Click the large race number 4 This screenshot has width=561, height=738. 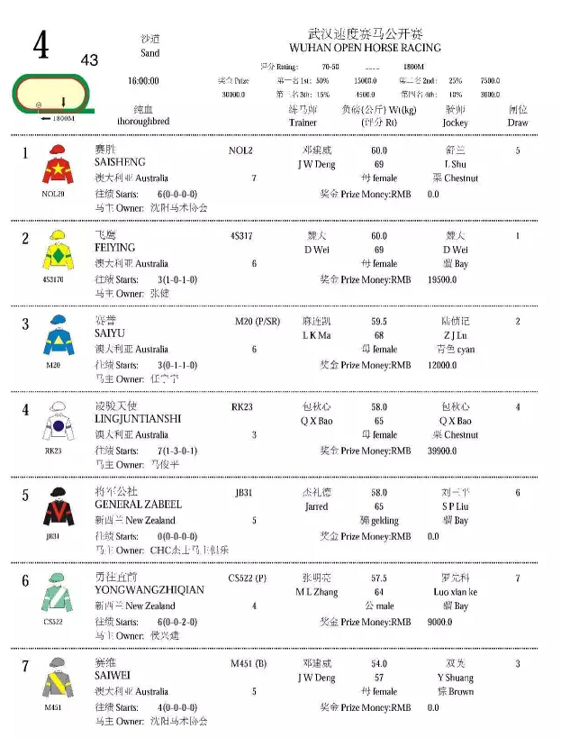tap(41, 46)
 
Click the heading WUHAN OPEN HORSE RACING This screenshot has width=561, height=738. tap(365, 48)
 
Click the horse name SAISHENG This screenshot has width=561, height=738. tap(120, 163)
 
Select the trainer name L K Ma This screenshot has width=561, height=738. tap(315, 335)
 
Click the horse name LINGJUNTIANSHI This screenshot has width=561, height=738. tap(138, 419)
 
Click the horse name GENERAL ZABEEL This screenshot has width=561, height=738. tap(138, 505)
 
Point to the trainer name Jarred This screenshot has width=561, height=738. tap(315, 506)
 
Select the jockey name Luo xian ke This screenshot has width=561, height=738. tap(455, 592)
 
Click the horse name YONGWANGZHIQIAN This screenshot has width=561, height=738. tap(149, 590)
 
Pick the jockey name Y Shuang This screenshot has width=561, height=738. tap(455, 678)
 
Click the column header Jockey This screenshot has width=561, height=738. tap(456, 123)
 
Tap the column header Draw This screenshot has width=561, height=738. tap(518, 123)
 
